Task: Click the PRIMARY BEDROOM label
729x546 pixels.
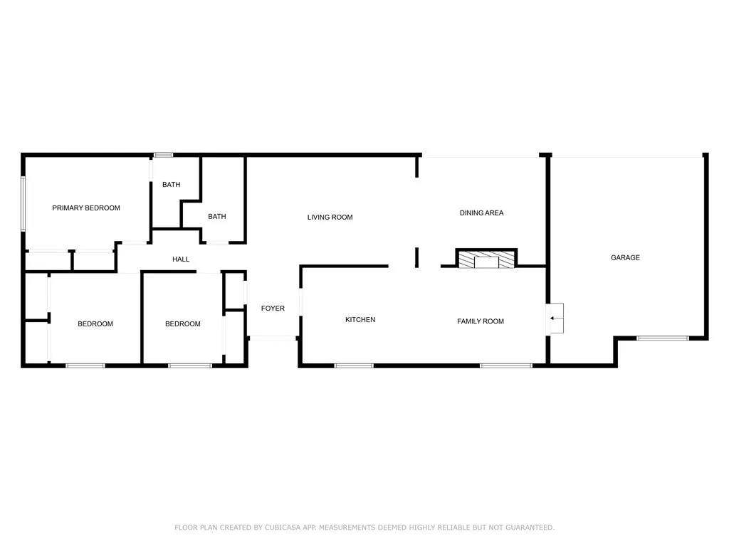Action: point(86,208)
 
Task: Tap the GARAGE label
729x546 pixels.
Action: point(625,257)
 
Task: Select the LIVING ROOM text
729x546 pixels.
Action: point(330,217)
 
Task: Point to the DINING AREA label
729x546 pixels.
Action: point(481,213)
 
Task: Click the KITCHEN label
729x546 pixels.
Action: point(360,320)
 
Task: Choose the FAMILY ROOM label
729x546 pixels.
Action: point(480,321)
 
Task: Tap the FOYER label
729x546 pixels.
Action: point(273,309)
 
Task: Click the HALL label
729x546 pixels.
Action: point(181,259)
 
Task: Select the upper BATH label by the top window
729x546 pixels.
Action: point(171,185)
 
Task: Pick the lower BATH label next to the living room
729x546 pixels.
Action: point(216,216)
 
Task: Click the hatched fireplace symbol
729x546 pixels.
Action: point(487,260)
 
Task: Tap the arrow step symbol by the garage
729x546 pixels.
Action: point(556,318)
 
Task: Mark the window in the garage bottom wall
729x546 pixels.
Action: point(662,338)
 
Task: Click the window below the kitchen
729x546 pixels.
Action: point(354,365)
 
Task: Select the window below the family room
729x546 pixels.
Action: point(505,365)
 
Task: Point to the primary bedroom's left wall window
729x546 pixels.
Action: point(23,203)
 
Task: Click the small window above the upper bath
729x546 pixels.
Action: point(164,155)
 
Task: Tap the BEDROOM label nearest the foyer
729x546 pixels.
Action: point(182,324)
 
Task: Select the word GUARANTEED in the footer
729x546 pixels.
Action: point(528,528)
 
